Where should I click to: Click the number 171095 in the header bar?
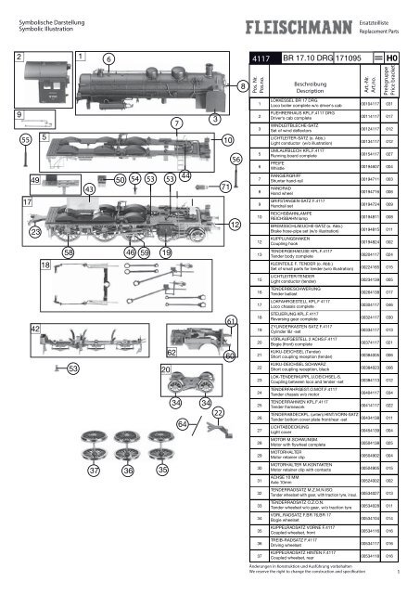pos(356,58)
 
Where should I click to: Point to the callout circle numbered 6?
pos(108,59)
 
